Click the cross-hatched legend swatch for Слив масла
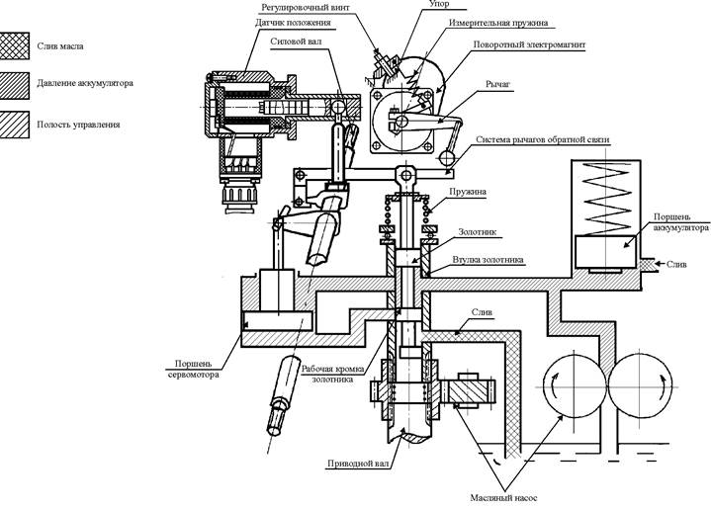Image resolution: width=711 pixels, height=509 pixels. click(x=14, y=46)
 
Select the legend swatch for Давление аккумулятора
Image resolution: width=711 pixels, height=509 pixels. click(x=14, y=86)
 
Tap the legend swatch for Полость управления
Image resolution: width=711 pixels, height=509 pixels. click(x=14, y=125)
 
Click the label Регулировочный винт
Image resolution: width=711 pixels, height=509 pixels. click(x=306, y=8)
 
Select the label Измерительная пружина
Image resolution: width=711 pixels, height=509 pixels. click(x=498, y=23)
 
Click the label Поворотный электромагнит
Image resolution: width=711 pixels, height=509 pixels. click(x=529, y=44)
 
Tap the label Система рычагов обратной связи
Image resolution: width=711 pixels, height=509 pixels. click(x=542, y=139)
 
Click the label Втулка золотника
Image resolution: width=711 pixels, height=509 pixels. click(x=488, y=260)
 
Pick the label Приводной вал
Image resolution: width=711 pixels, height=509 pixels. click(x=358, y=465)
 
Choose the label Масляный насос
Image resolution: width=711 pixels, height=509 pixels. click(x=503, y=498)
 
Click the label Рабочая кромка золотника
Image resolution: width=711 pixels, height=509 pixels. click(x=333, y=374)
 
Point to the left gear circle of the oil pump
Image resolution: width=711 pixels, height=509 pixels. click(x=576, y=386)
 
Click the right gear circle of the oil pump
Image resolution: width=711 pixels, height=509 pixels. click(x=640, y=386)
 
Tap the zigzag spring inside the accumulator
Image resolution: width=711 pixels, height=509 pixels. click(x=605, y=199)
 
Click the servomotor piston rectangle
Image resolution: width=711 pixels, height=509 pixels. click(x=278, y=321)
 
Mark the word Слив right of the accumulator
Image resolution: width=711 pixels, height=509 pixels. click(x=676, y=264)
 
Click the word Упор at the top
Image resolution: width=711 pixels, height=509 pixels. click(x=439, y=4)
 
